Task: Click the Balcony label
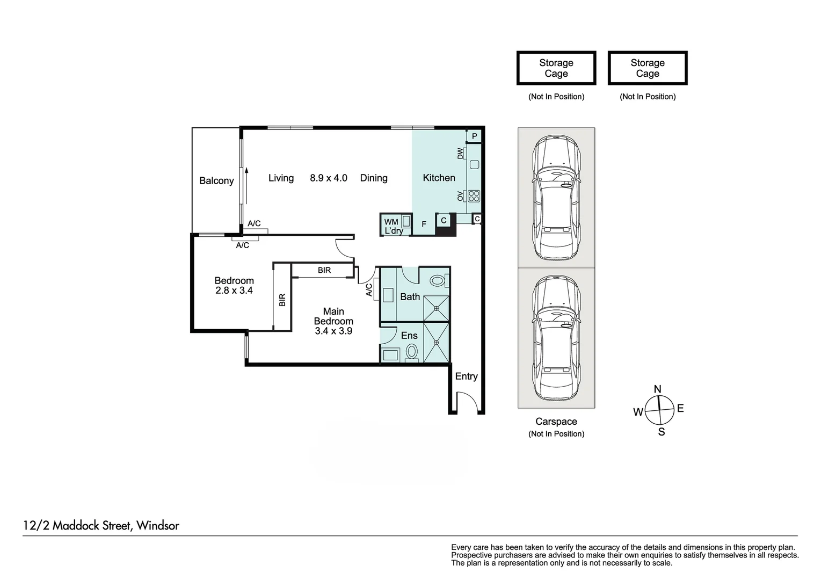click(216, 181)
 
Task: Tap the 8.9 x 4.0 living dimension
click(328, 178)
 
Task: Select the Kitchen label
click(439, 178)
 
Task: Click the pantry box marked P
click(474, 137)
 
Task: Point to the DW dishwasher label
click(460, 154)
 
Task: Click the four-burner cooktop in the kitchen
click(474, 196)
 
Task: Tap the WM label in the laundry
click(391, 222)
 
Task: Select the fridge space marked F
click(424, 224)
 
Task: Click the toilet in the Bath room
click(438, 280)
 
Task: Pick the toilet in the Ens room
click(412, 352)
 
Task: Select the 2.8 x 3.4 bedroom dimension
click(234, 291)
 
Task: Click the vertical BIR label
click(282, 300)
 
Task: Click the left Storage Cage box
click(556, 68)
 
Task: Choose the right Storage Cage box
click(648, 68)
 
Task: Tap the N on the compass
click(657, 389)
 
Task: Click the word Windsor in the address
click(158, 525)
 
